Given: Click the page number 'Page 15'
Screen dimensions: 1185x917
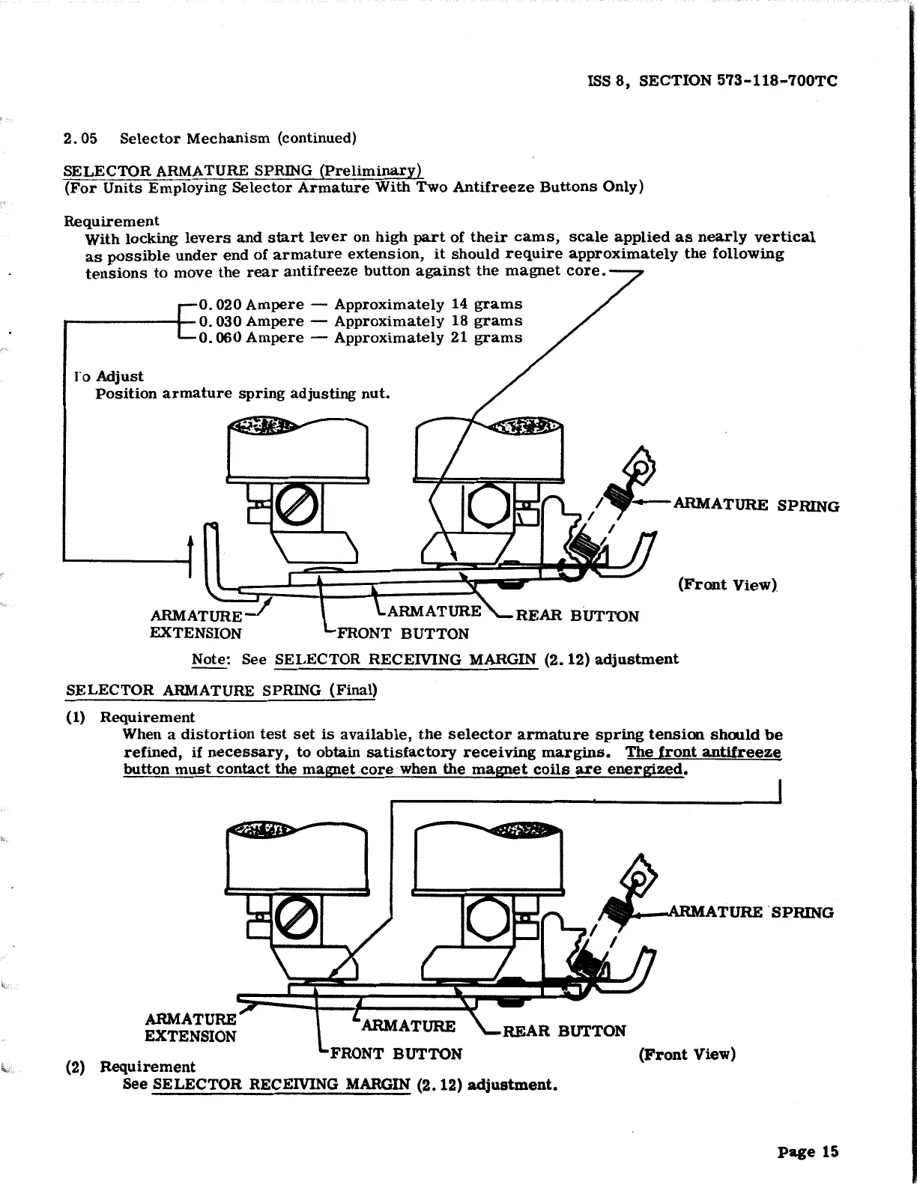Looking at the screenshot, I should (808, 1152).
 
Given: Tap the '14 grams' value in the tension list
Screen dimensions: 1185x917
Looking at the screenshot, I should (486, 304).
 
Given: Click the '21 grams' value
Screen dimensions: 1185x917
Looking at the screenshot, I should (486, 338).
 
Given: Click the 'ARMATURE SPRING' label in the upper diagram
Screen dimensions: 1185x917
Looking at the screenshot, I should (756, 505).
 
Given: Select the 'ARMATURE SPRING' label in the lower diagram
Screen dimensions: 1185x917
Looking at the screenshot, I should (750, 912).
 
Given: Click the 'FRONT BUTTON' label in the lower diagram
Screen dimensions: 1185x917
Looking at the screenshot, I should (396, 1054).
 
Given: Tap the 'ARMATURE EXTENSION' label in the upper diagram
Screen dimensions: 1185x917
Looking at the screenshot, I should (196, 625).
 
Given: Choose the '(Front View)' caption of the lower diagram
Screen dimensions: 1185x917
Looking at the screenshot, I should (687, 1055).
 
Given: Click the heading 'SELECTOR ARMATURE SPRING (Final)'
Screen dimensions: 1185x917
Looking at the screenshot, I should (222, 690).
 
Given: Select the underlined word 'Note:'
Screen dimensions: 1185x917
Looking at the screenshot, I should (210, 659).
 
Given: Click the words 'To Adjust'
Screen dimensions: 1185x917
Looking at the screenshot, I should (109, 376).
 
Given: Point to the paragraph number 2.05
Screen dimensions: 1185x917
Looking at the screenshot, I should (80, 139).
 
